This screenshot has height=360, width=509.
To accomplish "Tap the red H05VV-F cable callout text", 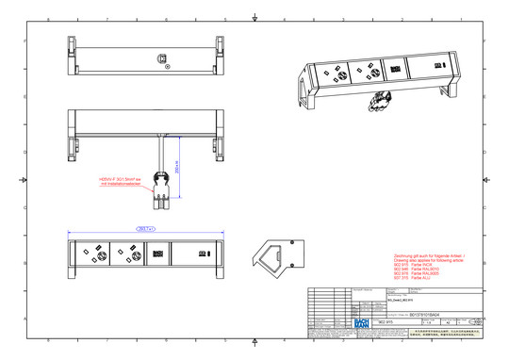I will click(121, 181).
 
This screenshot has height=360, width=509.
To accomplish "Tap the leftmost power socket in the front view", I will click(97, 253).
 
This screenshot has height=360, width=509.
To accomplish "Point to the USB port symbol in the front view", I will click(201, 253).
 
